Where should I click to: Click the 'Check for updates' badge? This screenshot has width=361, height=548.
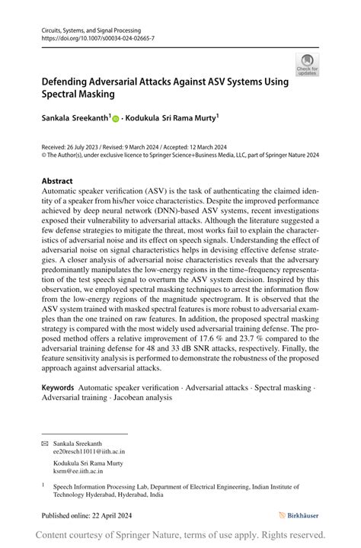tap(307, 64)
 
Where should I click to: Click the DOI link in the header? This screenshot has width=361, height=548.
tap(97, 37)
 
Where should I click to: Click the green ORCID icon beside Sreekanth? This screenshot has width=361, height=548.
tap(117, 119)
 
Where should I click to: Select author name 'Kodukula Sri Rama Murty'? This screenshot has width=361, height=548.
tap(174, 118)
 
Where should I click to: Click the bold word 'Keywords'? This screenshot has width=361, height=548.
tap(58, 387)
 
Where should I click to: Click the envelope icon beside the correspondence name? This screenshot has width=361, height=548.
tap(44, 443)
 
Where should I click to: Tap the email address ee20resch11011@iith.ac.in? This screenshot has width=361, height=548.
tap(89, 451)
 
